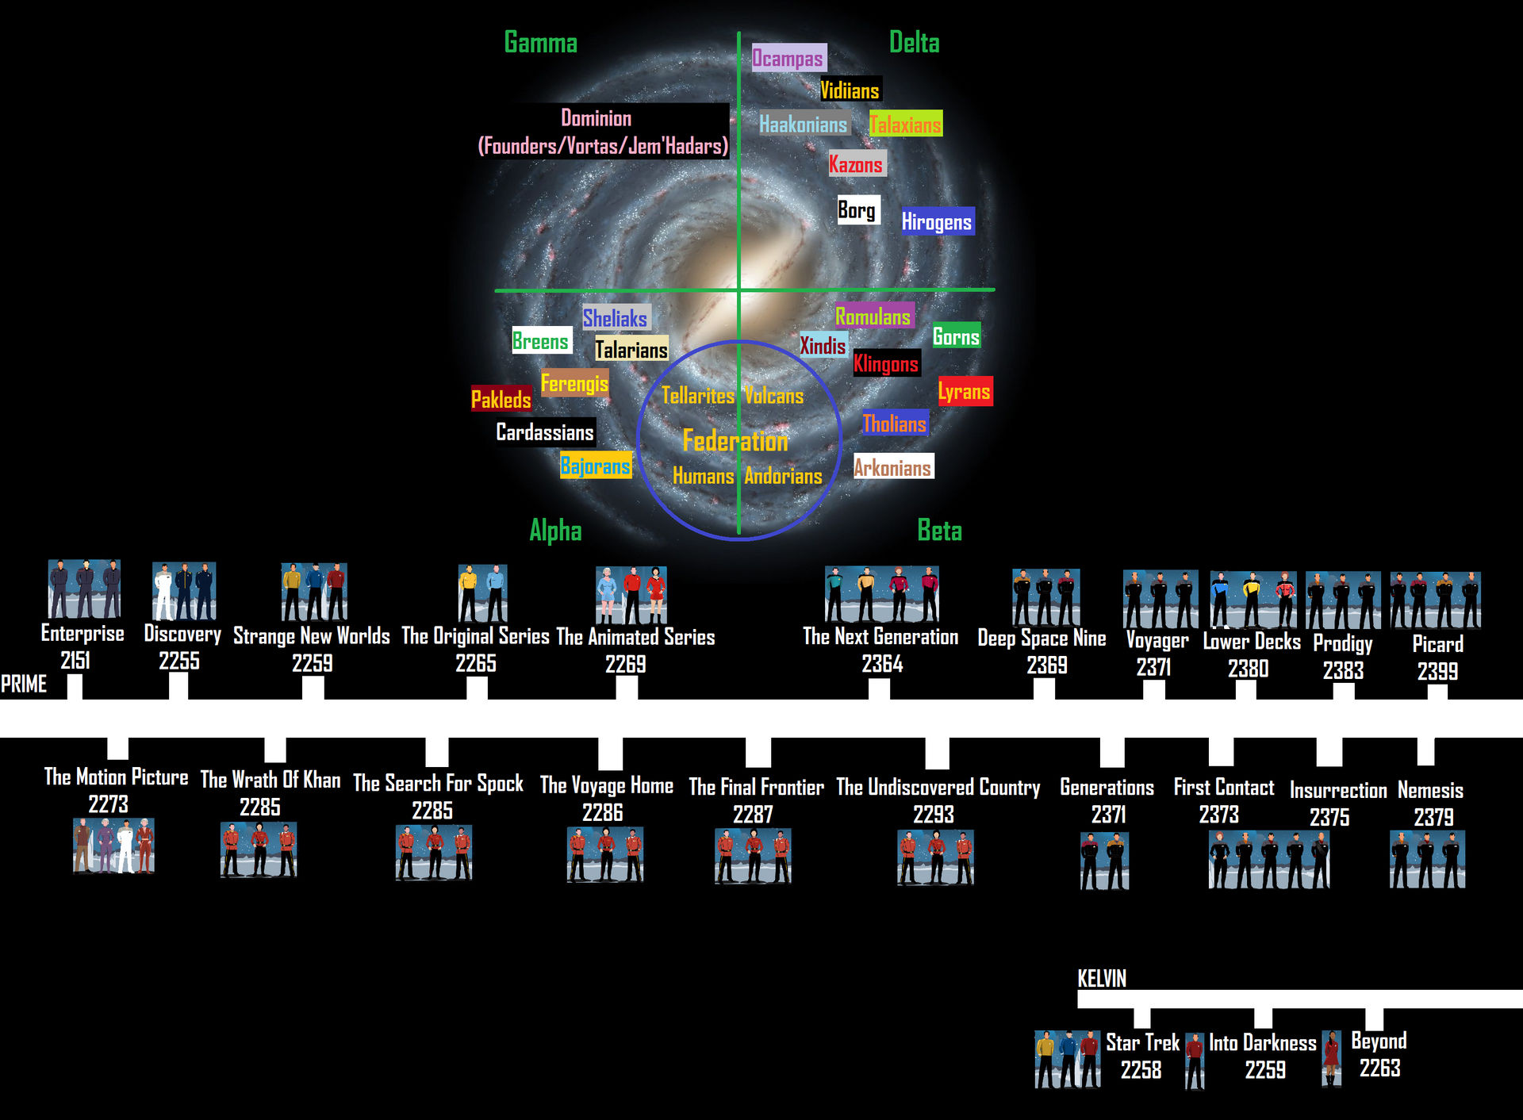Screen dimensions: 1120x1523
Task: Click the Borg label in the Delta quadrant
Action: click(x=857, y=210)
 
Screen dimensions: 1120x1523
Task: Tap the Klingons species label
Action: click(x=886, y=364)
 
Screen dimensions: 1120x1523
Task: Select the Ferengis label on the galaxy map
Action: click(x=574, y=383)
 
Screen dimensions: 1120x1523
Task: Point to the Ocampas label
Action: click(x=788, y=58)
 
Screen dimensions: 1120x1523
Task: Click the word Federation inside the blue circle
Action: click(x=735, y=440)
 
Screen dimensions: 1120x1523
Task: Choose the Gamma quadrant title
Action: click(x=540, y=43)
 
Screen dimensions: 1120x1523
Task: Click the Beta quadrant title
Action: click(x=939, y=530)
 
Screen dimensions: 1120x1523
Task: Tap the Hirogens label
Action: click(x=936, y=222)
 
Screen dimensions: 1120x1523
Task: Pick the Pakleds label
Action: click(x=501, y=399)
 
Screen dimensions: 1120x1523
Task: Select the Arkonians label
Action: click(x=892, y=467)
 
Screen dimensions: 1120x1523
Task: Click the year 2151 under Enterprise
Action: click(x=75, y=660)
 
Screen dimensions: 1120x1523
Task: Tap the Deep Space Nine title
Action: click(x=1042, y=639)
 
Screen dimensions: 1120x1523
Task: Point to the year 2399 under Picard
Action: click(x=1437, y=671)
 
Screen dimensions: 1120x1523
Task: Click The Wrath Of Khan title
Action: click(x=270, y=780)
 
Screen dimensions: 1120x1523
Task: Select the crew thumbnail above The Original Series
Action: click(x=482, y=593)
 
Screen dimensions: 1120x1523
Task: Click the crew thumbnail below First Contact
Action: click(x=1268, y=860)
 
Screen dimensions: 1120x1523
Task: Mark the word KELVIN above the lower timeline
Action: click(x=1101, y=979)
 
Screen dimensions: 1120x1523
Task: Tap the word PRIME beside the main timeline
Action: click(x=24, y=684)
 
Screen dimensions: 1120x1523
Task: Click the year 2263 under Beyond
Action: click(x=1379, y=1068)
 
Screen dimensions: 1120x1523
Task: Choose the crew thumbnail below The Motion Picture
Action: click(x=113, y=846)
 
